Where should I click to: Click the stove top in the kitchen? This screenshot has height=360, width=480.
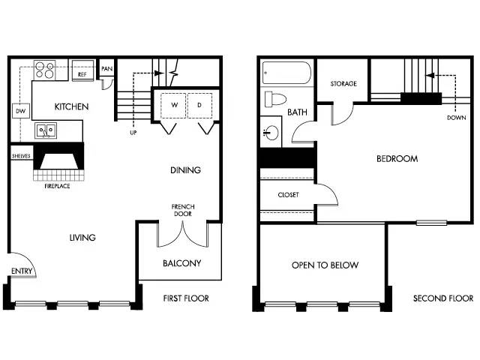(x=45, y=70)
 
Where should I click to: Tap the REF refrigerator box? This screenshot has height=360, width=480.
(x=82, y=70)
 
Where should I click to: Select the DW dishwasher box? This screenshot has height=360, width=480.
(x=21, y=111)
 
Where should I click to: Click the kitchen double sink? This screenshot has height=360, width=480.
(x=46, y=130)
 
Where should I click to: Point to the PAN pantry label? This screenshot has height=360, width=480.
(x=106, y=68)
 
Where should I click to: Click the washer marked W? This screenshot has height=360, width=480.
(x=173, y=105)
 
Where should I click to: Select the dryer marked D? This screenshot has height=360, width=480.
(x=199, y=105)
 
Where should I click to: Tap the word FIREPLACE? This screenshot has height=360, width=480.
(x=57, y=186)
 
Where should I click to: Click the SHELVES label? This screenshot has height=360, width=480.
(x=21, y=156)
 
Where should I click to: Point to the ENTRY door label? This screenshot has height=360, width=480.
(x=22, y=271)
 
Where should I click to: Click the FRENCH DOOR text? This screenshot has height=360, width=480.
(x=183, y=210)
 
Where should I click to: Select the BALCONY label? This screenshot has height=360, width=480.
(x=181, y=263)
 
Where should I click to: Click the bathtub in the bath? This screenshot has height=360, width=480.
(x=286, y=73)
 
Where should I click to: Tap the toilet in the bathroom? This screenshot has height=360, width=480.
(x=275, y=99)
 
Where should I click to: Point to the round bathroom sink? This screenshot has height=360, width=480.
(x=271, y=133)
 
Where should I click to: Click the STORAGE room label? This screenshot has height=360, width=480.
(x=343, y=83)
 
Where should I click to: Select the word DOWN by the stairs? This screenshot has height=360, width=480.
(x=457, y=118)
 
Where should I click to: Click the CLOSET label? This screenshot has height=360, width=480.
(x=288, y=195)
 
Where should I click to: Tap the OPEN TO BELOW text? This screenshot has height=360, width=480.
(x=325, y=265)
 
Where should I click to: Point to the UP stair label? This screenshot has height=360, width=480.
(x=133, y=133)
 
